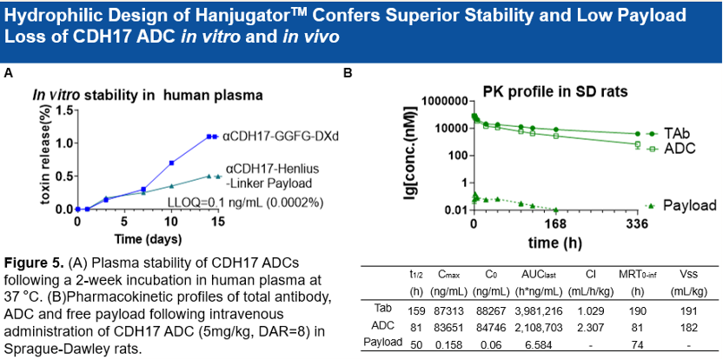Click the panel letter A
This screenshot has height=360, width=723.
[x=8, y=75]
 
